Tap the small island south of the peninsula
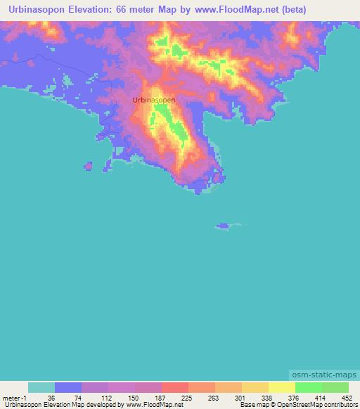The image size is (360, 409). [224, 226]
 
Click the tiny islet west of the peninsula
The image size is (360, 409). [89, 166]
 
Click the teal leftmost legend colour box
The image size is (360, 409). [41, 387]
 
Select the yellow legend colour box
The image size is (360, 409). [282, 387]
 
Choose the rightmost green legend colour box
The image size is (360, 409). [335, 387]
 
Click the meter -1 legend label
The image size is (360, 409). [15, 398]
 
